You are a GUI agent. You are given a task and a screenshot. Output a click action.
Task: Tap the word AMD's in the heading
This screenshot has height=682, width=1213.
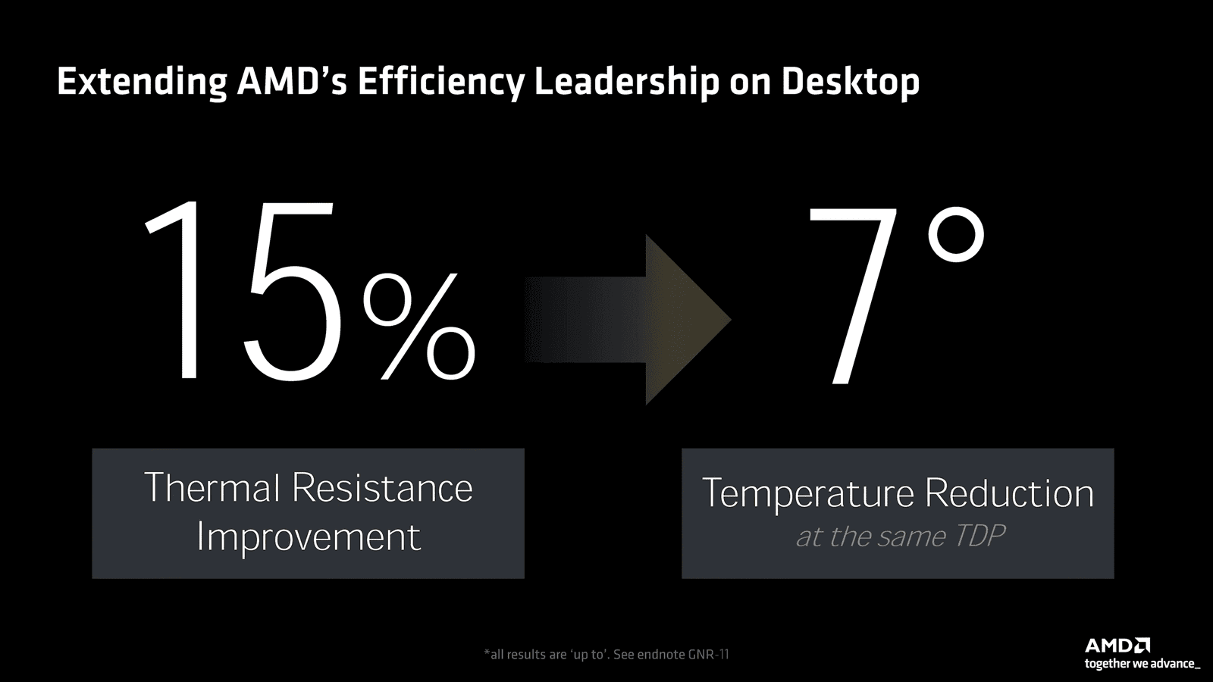point(292,81)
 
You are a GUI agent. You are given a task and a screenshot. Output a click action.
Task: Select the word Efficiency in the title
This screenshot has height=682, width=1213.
point(440,82)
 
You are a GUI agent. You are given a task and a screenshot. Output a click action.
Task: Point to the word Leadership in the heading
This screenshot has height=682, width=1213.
point(626,82)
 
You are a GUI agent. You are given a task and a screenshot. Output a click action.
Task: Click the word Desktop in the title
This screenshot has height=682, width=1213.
point(850,82)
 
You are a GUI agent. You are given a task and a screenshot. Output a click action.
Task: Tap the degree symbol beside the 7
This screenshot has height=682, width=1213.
point(955,236)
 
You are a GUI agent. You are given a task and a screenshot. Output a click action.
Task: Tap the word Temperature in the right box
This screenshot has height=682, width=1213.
point(808,494)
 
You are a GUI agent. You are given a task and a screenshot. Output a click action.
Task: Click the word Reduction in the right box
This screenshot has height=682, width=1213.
point(1009,493)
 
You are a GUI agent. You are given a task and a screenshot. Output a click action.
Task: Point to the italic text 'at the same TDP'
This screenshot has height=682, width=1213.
point(900,537)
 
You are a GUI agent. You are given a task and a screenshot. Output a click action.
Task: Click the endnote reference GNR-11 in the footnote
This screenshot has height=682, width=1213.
point(707,654)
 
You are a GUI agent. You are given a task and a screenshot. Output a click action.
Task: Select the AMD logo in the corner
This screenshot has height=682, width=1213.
point(1117,646)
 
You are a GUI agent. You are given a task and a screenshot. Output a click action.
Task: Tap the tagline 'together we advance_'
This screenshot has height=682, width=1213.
point(1142,665)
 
